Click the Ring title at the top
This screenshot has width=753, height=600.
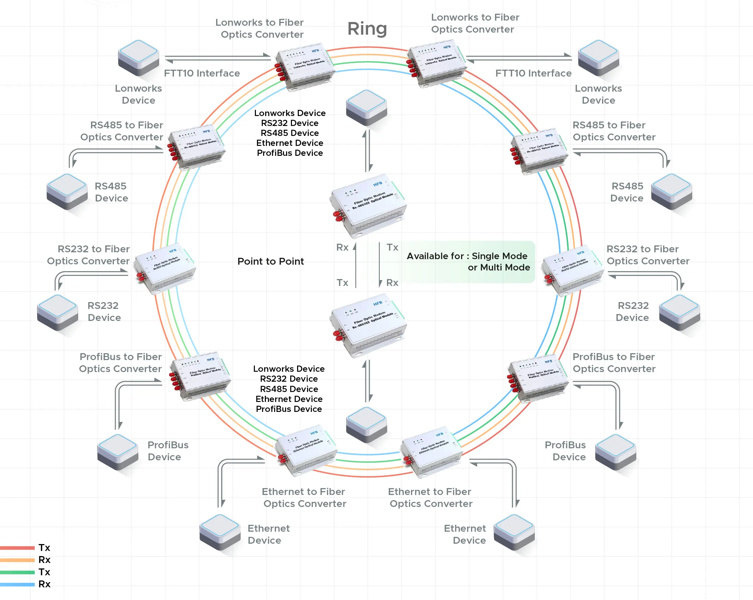point(367,28)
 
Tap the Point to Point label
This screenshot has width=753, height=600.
point(271,262)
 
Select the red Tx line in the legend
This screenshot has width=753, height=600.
point(17,547)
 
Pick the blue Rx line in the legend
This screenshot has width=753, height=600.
point(17,584)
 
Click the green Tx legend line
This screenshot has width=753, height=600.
point(17,572)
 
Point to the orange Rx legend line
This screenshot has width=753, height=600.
point(17,560)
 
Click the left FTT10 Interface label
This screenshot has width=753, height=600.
point(202,73)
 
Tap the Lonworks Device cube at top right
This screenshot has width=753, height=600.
point(598,58)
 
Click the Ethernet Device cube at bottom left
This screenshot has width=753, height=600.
point(220,531)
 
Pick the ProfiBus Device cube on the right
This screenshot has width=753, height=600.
point(615,452)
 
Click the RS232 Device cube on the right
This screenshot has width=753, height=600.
point(679,312)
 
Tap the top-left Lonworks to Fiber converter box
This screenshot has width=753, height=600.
point(305,66)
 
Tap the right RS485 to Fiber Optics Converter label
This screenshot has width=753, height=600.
point(614,131)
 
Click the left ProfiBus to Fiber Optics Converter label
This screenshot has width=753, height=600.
point(120,363)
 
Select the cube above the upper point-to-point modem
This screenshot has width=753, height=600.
point(366,107)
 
